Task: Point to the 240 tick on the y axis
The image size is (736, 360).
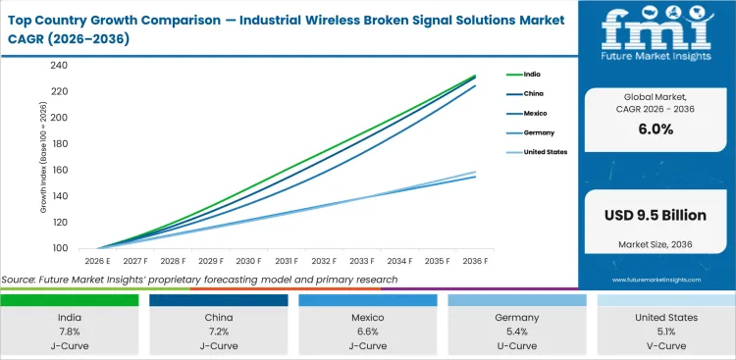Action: point(58,66)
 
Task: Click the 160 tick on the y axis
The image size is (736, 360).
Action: point(58,170)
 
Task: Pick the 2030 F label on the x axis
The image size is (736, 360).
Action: point(247,261)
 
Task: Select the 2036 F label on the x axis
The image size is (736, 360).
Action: point(476,261)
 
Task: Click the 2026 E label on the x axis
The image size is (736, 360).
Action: point(95,261)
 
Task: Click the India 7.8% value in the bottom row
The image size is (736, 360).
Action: point(70,332)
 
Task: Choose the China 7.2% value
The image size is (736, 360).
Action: point(218,332)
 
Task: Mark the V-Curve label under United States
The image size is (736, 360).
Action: point(665,345)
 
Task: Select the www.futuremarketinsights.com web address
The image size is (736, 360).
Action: point(657,280)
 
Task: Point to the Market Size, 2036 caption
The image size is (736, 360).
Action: point(657,243)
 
